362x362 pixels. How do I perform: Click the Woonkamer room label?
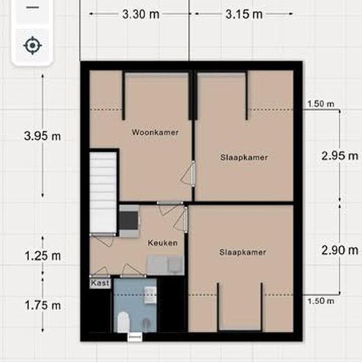[x=155, y=132]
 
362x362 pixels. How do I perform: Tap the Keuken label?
[x=163, y=243]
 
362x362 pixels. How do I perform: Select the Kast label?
[x=100, y=283]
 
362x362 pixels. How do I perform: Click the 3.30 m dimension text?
[x=141, y=14]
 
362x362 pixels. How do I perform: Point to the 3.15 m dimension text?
[x=244, y=14]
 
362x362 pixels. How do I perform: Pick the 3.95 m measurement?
[x=43, y=136]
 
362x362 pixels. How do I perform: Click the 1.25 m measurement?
[x=43, y=256]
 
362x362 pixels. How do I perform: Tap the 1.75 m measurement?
[x=43, y=305]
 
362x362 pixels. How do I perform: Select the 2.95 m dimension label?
[x=340, y=156]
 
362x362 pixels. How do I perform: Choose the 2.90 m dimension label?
[x=340, y=250]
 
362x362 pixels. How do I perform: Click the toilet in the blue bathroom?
[x=123, y=322]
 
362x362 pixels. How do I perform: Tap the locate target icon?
[x=32, y=45]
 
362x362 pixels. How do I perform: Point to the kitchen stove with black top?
[x=129, y=221]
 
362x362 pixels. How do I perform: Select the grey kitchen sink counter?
[x=165, y=265]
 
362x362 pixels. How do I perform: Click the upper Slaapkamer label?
[x=244, y=157]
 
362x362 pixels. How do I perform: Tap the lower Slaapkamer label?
[x=243, y=252]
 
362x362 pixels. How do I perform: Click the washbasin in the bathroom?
[x=150, y=295]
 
